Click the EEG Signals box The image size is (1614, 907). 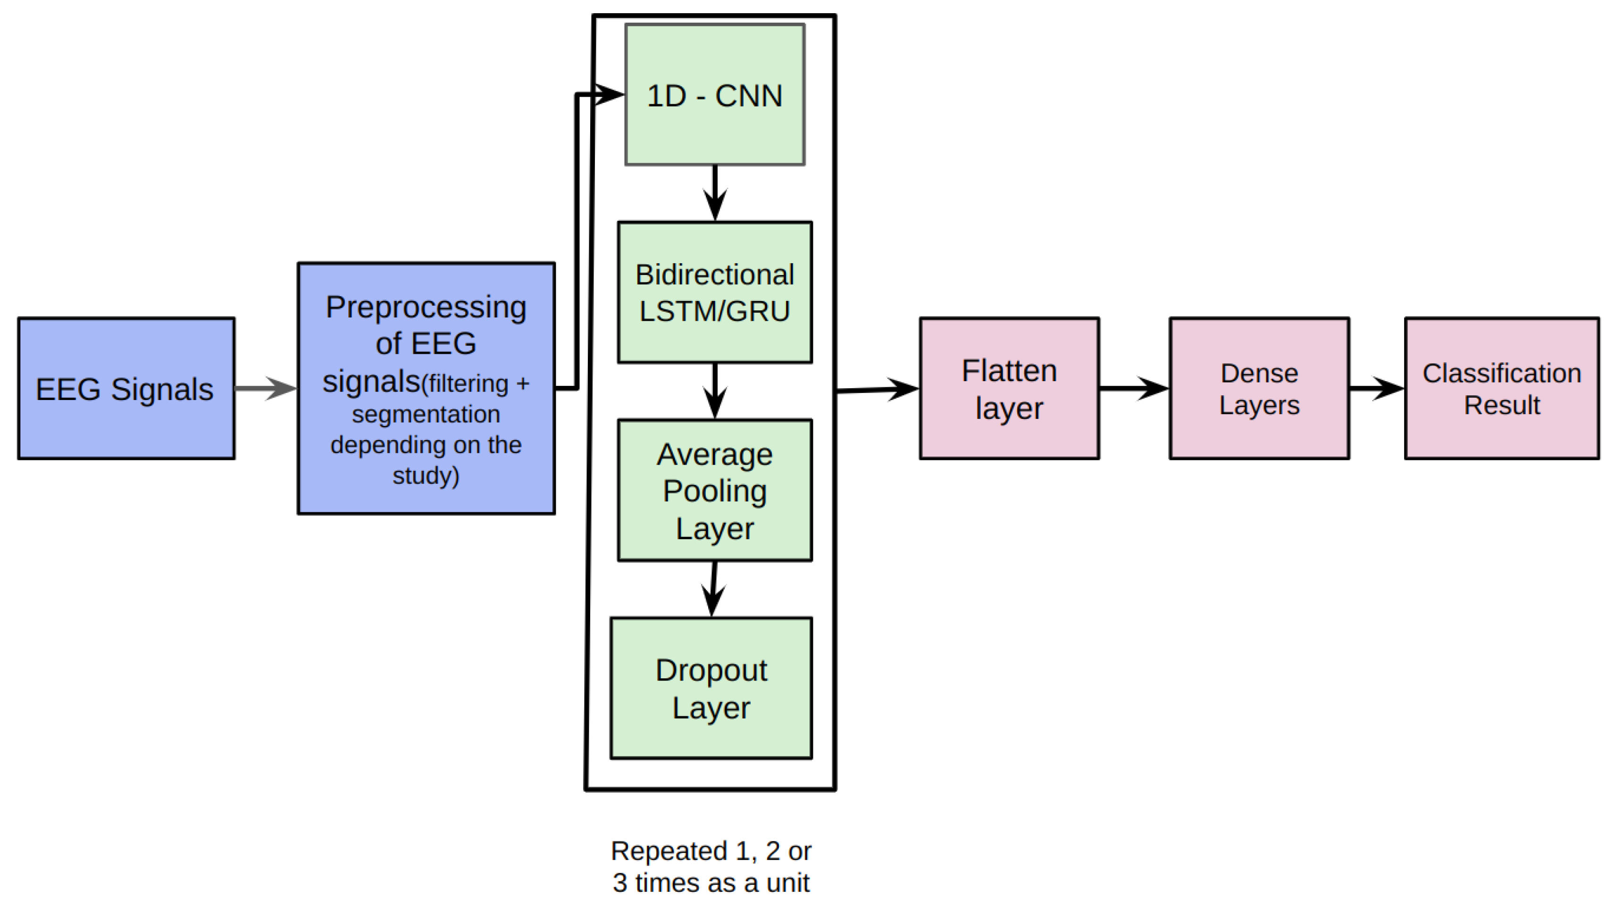pyautogui.click(x=126, y=388)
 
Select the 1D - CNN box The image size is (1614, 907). pyautogui.click(x=714, y=95)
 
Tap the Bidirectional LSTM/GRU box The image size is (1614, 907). pyautogui.click(x=714, y=292)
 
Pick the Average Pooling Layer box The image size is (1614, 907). pyautogui.click(x=714, y=491)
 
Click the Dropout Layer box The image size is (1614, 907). pyautogui.click(x=711, y=689)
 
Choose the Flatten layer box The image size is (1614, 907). pyautogui.click(x=1009, y=388)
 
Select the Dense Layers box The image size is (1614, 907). pyautogui.click(x=1259, y=388)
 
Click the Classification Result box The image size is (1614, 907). pyautogui.click(x=1501, y=388)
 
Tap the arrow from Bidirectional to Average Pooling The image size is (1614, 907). pyautogui.click(x=715, y=391)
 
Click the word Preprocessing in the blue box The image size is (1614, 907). pyautogui.click(x=426, y=308)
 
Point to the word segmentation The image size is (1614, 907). pyautogui.click(x=426, y=415)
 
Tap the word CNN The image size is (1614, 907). pyautogui.click(x=749, y=96)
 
